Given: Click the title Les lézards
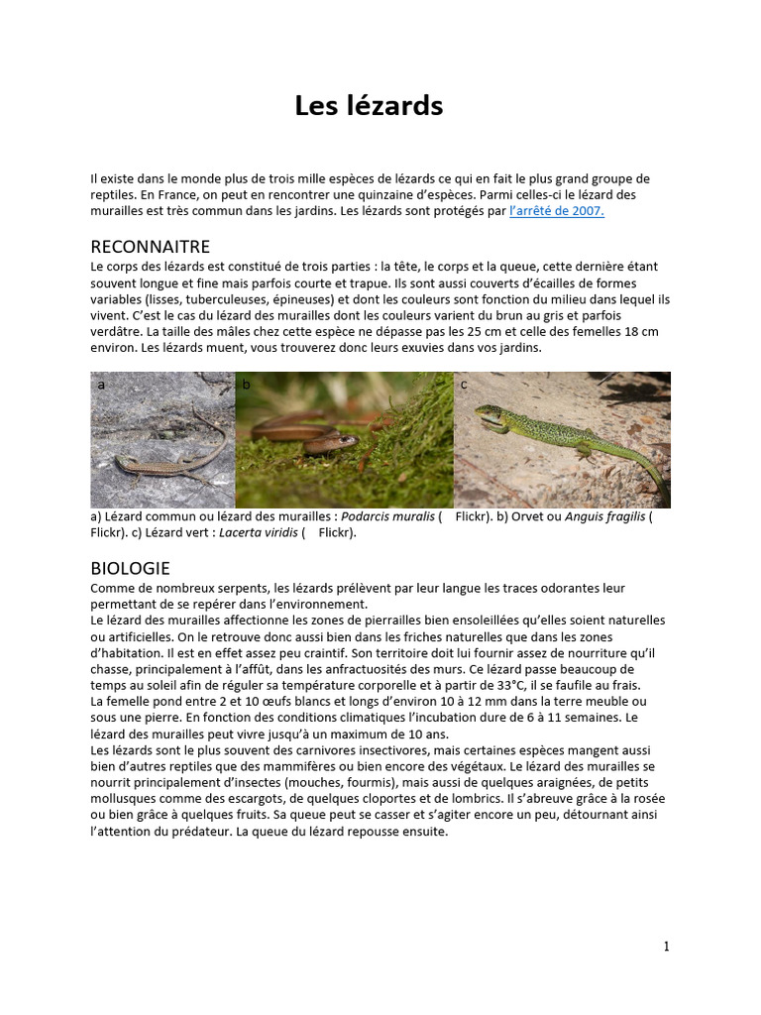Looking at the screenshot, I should [x=369, y=106].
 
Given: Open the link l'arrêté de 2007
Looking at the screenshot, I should [x=556, y=211].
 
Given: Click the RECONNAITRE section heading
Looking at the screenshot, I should [x=150, y=247].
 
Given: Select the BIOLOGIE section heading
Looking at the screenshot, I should [x=130, y=568].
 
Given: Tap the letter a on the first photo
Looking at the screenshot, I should [x=100, y=385].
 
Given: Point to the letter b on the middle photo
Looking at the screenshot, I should [x=246, y=385].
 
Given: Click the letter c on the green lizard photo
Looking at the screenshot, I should [x=464, y=385].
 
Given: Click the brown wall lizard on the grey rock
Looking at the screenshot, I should [x=149, y=459].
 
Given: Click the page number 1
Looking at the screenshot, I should [x=667, y=947].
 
